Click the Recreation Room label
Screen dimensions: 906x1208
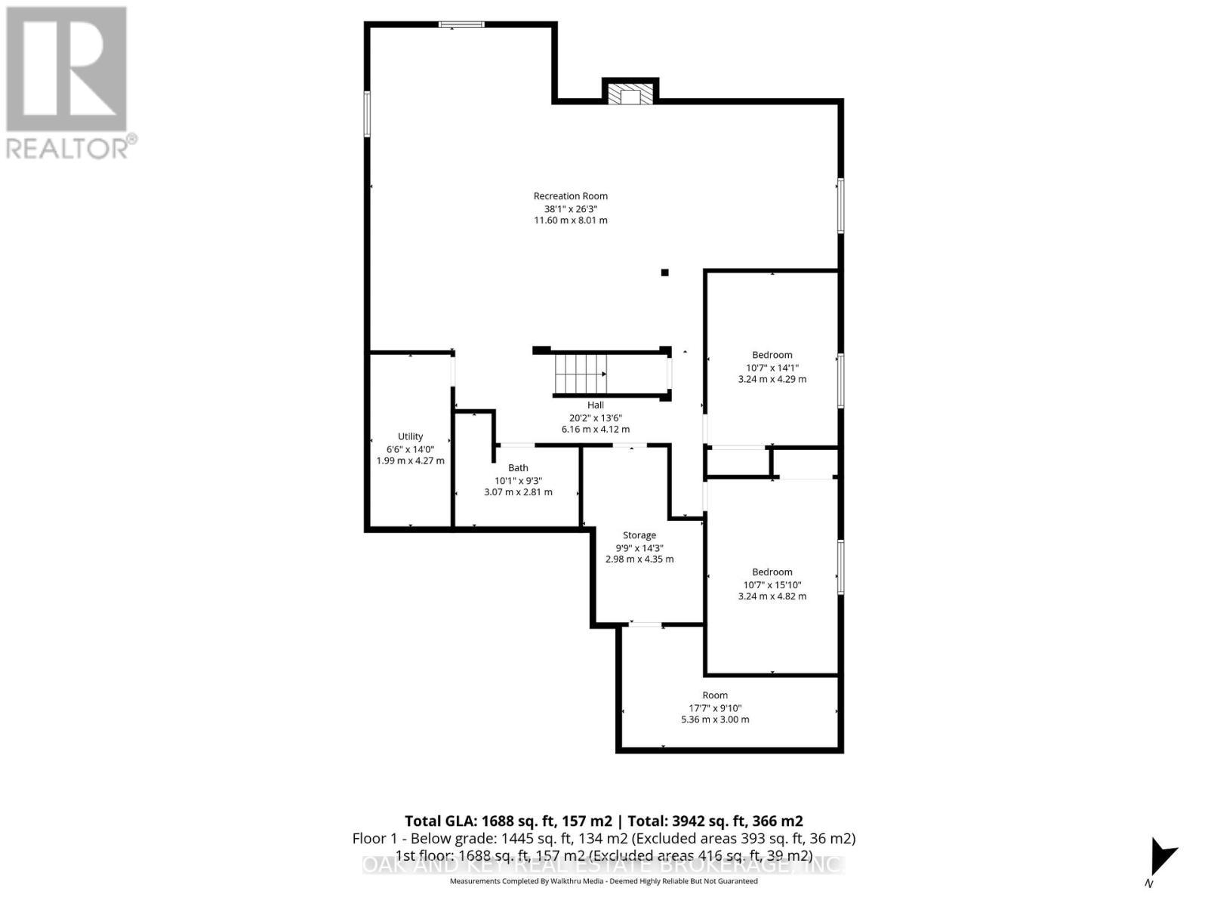point(570,196)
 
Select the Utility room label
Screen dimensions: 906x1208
point(410,436)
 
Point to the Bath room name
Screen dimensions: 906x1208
point(518,468)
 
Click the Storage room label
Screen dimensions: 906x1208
point(639,535)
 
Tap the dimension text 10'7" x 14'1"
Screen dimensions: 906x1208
point(772,368)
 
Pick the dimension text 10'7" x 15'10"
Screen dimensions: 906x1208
point(772,584)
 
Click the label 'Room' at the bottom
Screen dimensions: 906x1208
point(714,695)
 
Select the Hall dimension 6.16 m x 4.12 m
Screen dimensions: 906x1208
point(595,430)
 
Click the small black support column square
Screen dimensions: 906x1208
point(664,273)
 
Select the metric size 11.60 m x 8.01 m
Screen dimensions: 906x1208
point(570,220)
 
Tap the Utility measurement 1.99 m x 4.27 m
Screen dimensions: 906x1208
point(410,461)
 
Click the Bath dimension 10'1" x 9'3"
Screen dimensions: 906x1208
point(518,480)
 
